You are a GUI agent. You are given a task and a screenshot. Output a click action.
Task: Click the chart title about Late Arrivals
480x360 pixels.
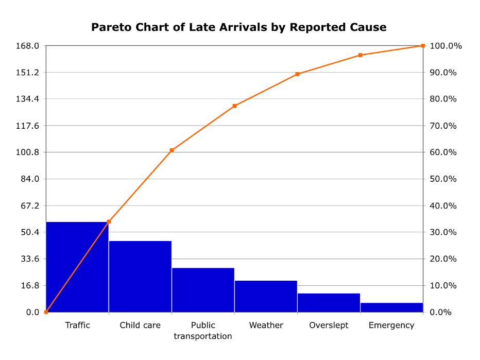coord(238,27)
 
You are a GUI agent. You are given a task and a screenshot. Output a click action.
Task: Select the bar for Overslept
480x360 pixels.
coord(329,303)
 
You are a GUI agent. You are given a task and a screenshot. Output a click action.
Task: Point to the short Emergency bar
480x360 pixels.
coord(391,307)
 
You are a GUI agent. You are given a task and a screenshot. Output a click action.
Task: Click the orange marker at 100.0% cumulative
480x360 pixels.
coord(423,46)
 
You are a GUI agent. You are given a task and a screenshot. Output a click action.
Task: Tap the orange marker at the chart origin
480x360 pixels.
coord(46,312)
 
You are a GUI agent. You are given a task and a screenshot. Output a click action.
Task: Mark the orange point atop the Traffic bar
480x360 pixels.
coord(109,222)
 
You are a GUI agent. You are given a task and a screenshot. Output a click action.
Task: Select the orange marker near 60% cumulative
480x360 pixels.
coord(172,150)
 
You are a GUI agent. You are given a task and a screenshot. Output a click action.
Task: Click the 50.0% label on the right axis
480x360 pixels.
coord(443,179)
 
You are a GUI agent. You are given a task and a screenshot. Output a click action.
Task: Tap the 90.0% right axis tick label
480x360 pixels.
coord(443,73)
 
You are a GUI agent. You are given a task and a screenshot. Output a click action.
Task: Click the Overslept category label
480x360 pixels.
coord(329,325)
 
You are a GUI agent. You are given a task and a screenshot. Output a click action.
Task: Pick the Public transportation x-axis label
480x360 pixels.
coord(203,331)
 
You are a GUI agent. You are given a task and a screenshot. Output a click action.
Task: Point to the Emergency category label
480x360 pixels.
coord(391,325)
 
